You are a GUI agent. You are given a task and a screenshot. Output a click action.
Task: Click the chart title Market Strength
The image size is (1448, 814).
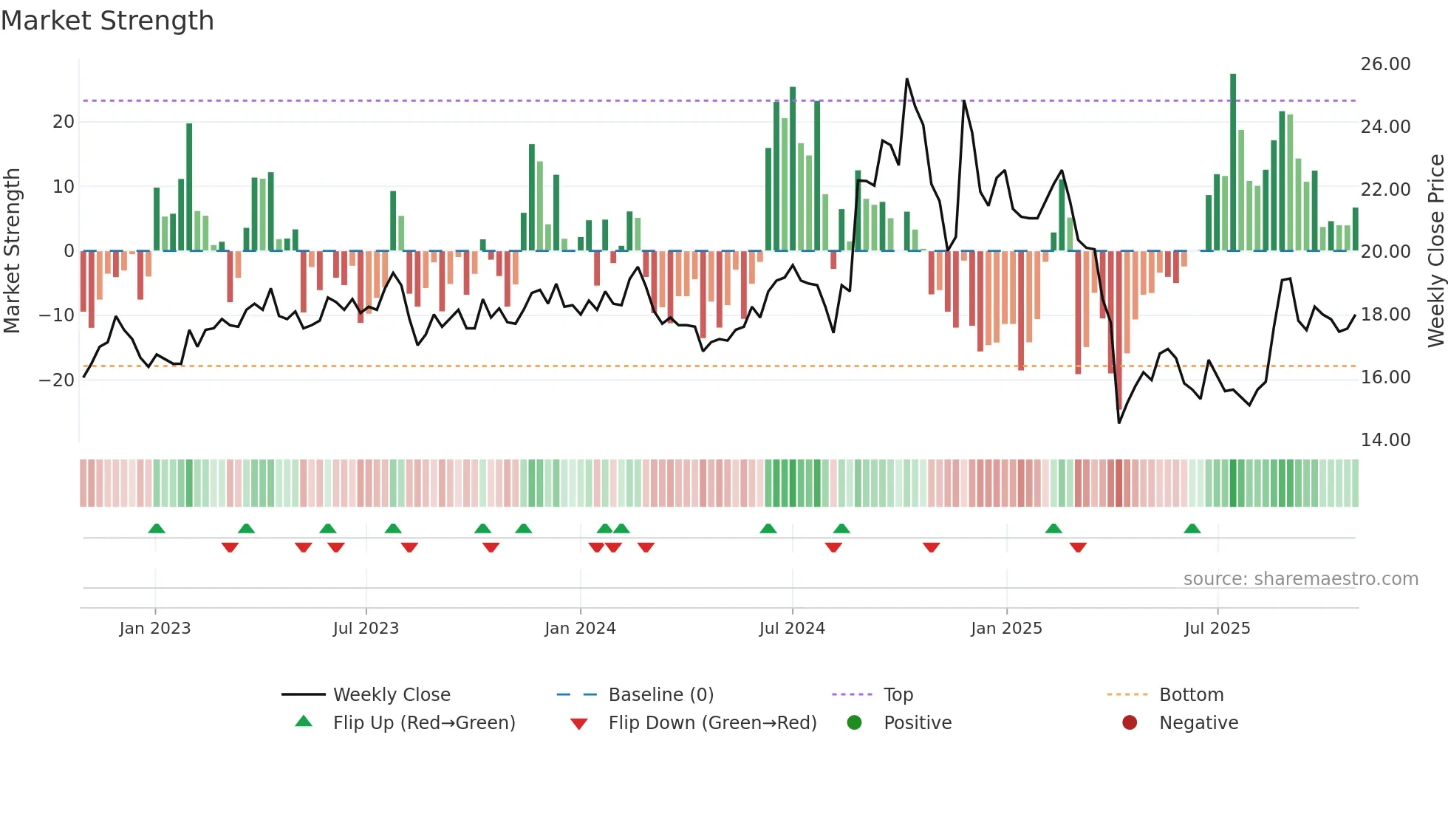pyautogui.click(x=107, y=21)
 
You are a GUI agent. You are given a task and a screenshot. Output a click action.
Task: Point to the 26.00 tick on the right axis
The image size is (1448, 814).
pyautogui.click(x=1385, y=64)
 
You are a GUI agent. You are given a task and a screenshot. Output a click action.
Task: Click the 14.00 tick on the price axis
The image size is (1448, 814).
pyautogui.click(x=1385, y=440)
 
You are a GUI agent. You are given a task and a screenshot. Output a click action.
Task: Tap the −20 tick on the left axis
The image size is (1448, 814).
pyautogui.click(x=57, y=380)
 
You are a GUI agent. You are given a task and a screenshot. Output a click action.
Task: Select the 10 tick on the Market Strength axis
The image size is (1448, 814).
pyautogui.click(x=64, y=187)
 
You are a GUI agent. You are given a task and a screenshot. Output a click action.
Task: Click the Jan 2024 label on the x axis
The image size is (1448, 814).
pyautogui.click(x=580, y=629)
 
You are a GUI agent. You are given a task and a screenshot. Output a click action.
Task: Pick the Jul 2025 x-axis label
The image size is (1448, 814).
pyautogui.click(x=1217, y=629)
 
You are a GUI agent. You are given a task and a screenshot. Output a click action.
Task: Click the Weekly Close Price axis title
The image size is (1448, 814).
pyautogui.click(x=1435, y=251)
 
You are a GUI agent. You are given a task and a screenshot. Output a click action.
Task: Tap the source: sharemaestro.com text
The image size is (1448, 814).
pyautogui.click(x=1300, y=579)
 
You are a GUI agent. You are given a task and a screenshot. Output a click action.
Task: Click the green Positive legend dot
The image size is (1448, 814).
pyautogui.click(x=855, y=723)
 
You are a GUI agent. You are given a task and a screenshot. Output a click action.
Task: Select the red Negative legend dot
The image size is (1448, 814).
pyautogui.click(x=1130, y=723)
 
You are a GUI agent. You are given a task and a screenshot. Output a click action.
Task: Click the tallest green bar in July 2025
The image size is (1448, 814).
pyautogui.click(x=1233, y=163)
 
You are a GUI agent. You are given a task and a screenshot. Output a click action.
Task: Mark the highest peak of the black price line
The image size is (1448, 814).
pyautogui.click(x=906, y=79)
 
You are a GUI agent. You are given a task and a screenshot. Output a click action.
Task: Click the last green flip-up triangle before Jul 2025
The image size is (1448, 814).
pyautogui.click(x=1192, y=528)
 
